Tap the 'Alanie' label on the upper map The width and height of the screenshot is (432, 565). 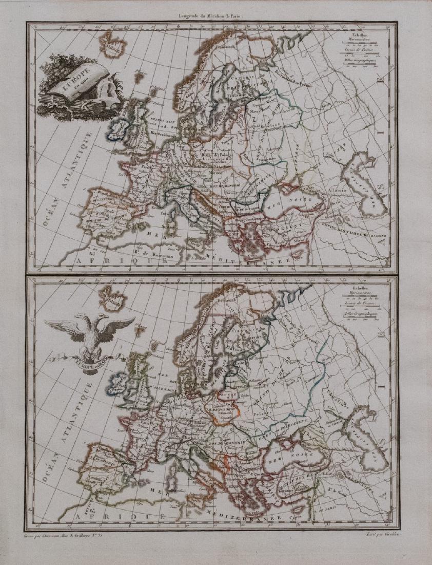click(343, 191)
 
